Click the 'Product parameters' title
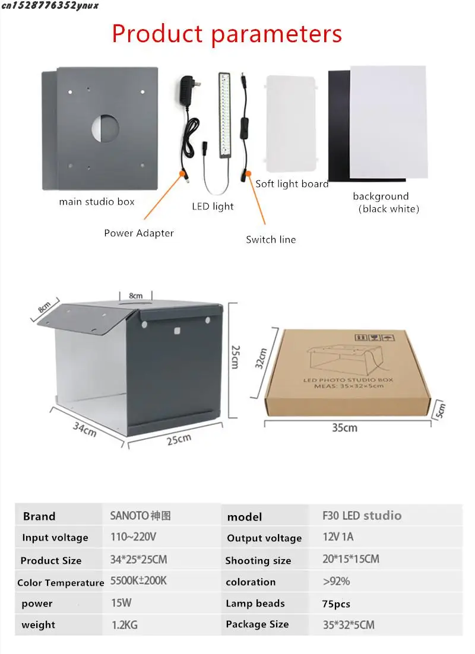[x=227, y=34]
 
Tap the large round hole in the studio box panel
[x=105, y=127]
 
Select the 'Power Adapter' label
[x=139, y=233]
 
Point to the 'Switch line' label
[x=271, y=240]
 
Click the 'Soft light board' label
[x=292, y=184]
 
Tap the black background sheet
[x=338, y=119]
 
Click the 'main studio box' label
[x=97, y=202]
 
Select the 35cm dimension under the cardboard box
[x=344, y=427]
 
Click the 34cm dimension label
[x=84, y=428]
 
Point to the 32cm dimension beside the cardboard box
[x=262, y=358]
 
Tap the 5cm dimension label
[x=440, y=410]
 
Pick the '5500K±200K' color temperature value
[x=139, y=581]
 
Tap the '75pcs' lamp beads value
[x=337, y=604]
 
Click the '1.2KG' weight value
[x=125, y=625]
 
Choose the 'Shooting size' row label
[x=258, y=561]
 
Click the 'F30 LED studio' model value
[x=362, y=516]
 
